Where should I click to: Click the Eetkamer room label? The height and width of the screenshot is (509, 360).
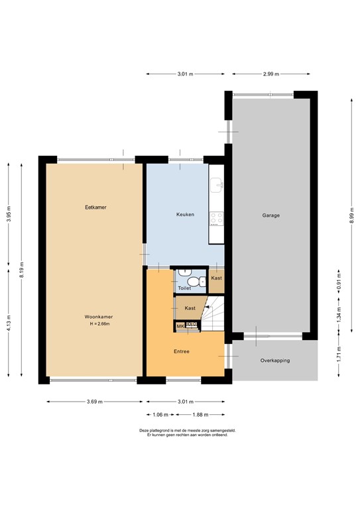click(95, 207)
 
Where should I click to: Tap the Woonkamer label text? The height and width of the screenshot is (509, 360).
click(95, 317)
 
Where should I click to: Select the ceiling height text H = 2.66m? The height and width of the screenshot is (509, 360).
click(95, 324)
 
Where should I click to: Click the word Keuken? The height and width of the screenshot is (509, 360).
click(185, 215)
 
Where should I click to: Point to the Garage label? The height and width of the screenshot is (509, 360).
click(270, 215)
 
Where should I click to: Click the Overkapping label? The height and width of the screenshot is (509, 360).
click(274, 361)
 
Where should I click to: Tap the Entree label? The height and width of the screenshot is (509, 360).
click(182, 351)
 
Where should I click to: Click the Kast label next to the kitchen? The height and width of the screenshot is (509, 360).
click(216, 278)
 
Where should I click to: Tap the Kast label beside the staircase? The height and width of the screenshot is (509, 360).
click(190, 308)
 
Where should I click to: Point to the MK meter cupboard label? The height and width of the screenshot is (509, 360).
click(180, 325)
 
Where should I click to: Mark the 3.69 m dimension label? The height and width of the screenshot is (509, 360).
click(95, 401)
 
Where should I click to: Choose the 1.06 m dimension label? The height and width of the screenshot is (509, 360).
click(159, 414)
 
